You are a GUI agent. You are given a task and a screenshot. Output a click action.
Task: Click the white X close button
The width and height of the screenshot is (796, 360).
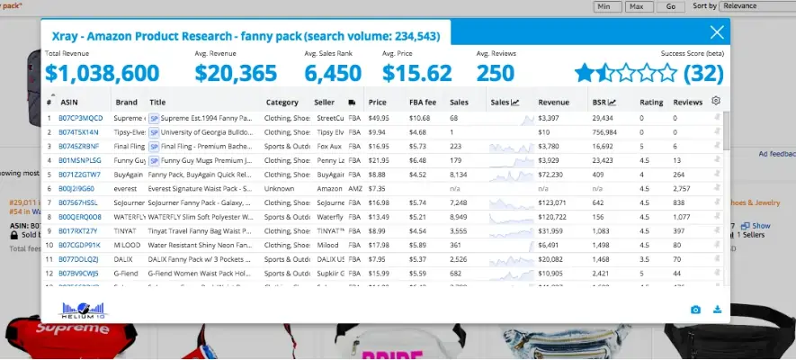[x=717, y=33]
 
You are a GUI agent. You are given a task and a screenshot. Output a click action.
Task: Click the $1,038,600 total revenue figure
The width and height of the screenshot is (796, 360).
[x=102, y=73]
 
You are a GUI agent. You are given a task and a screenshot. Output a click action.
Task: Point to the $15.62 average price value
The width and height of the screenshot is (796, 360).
[x=416, y=73]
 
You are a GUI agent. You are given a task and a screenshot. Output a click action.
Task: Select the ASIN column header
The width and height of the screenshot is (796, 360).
[x=69, y=103]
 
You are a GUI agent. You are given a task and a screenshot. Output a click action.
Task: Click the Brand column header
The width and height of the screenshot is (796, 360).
[x=126, y=103]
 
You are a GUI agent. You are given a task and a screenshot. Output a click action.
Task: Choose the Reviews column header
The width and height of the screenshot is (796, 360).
[x=688, y=103]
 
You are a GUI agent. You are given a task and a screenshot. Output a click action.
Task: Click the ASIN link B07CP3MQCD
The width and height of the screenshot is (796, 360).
[x=81, y=118]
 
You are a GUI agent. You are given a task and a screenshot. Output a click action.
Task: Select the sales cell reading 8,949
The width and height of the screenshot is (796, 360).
[x=458, y=217]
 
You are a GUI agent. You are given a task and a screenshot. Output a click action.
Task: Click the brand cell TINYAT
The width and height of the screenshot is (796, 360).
[x=126, y=230]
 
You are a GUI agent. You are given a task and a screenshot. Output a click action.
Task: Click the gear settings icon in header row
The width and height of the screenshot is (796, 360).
[x=716, y=101]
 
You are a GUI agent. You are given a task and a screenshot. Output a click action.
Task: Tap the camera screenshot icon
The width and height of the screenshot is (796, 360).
[x=695, y=310]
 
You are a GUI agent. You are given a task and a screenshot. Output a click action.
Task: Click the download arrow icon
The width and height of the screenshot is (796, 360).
[x=717, y=310]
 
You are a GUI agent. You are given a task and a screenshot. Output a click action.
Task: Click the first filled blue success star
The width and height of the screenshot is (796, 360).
[x=585, y=73]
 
